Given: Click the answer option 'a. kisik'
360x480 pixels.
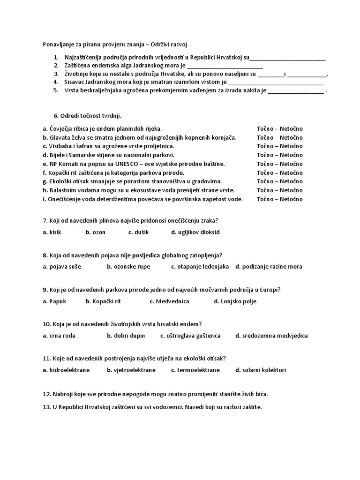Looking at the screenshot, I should point(52,232).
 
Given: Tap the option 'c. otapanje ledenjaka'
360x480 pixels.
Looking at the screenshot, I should point(200,267).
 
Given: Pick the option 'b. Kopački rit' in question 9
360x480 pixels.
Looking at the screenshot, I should point(103,301).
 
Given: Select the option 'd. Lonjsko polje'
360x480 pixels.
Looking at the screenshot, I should point(235,301).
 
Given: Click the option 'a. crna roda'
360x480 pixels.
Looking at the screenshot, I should point(59,336).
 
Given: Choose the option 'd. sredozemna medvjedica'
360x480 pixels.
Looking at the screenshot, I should point(271,336).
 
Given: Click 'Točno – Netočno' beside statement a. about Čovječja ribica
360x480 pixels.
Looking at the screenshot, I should point(279,128).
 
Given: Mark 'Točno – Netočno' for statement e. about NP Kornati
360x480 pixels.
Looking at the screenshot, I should point(279,164).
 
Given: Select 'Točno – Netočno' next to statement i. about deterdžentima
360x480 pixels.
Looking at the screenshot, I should point(279,199).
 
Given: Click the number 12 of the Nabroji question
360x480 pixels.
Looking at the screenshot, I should point(46,394).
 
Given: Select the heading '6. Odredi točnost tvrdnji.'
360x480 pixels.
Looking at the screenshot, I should point(88,115).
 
